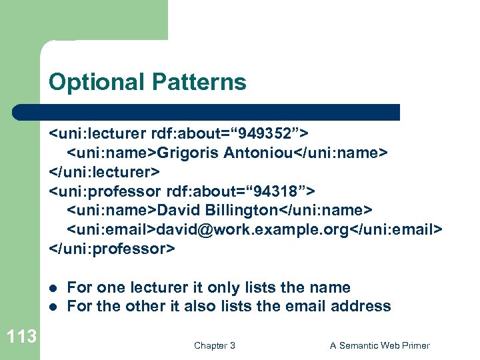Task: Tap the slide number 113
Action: click(22, 337)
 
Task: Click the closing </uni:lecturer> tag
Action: click(105, 173)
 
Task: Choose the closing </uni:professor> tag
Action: click(112, 249)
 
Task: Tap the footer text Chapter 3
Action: click(214, 345)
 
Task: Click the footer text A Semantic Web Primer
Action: click(380, 345)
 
